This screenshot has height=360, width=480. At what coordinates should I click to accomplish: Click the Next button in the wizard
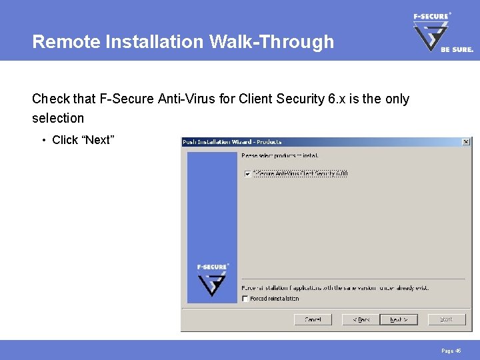click(x=398, y=319)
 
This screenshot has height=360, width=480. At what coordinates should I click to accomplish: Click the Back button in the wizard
click(x=361, y=319)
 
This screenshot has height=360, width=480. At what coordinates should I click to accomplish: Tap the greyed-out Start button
click(x=446, y=319)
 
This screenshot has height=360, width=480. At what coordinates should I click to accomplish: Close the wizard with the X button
click(x=466, y=142)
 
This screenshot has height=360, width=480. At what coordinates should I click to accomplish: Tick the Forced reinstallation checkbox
click(x=246, y=299)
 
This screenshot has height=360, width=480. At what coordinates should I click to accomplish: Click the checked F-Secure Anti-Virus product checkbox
click(x=247, y=174)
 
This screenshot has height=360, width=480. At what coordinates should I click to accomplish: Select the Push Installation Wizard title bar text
click(x=232, y=142)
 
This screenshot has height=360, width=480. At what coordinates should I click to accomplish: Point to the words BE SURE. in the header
click(x=457, y=49)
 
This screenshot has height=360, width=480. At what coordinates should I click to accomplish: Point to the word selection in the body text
click(x=58, y=118)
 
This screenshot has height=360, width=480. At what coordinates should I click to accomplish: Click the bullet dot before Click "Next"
click(x=43, y=140)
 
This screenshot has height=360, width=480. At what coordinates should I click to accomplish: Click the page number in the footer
click(x=451, y=350)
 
